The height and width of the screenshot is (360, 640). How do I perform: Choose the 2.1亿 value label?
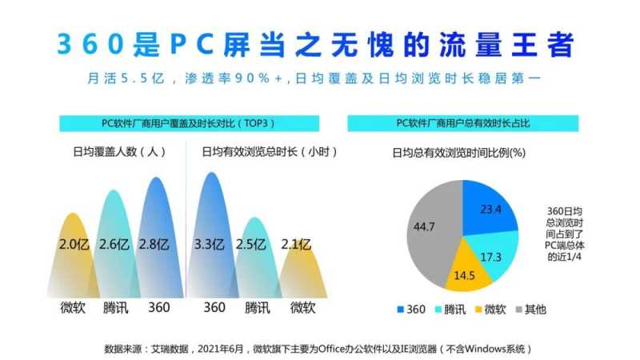pyautogui.click(x=294, y=244)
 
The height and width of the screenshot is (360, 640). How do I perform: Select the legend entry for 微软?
pyautogui.click(x=490, y=309)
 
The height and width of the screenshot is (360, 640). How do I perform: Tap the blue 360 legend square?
pyautogui.click(x=401, y=309)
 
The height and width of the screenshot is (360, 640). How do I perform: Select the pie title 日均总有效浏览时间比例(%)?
pyautogui.click(x=457, y=153)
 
